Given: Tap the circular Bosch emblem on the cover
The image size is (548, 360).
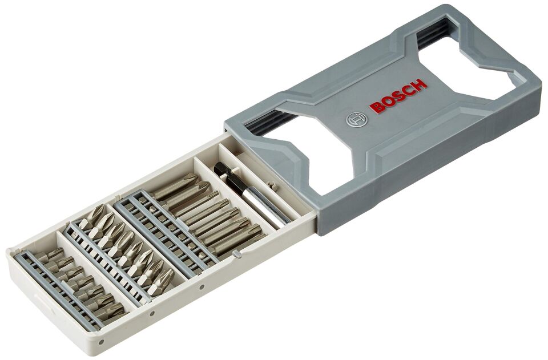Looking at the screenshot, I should pos(355,119).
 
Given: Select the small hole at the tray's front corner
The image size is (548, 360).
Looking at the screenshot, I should pos(101,342).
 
